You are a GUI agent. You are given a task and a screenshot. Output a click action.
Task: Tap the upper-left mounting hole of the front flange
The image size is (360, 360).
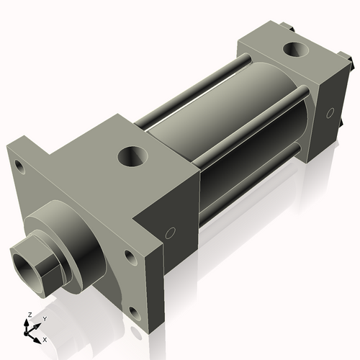point(19,171)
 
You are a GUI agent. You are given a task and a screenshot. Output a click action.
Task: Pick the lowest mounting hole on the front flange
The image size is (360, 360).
point(134,311)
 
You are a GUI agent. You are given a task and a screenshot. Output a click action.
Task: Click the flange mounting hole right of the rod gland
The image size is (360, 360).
point(129,256)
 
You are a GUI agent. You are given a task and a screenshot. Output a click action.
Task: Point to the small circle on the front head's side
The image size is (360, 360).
point(171,233)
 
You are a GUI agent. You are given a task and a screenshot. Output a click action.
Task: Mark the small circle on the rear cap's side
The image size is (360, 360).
point(330,113)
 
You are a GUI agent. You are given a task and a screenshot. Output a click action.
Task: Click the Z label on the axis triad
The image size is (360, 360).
point(29,315)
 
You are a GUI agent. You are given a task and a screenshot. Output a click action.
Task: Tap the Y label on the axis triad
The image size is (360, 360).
point(44,318)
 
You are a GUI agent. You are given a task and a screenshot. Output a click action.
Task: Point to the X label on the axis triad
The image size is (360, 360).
point(45,338)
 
